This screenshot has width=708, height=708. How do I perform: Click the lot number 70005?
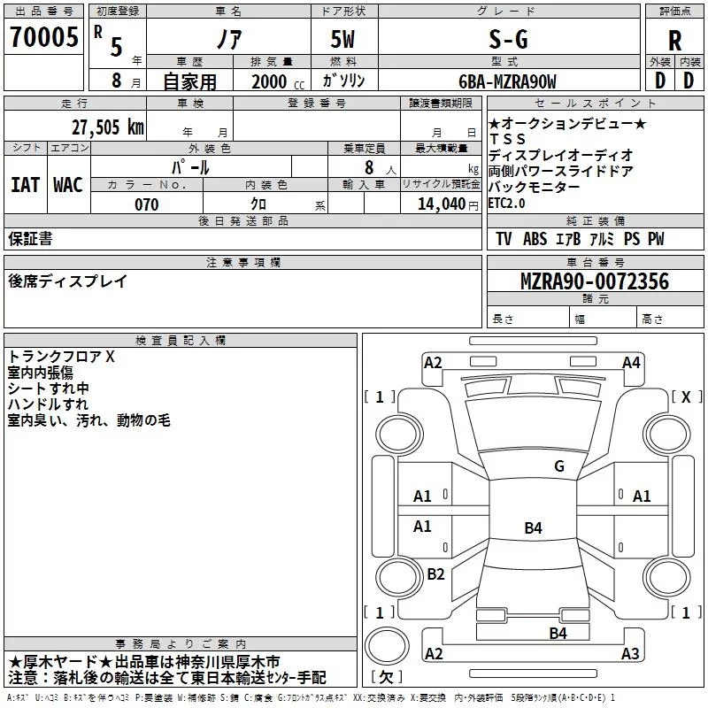43,37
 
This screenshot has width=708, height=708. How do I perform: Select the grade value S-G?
508,39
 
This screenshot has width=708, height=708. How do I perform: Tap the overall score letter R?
674,41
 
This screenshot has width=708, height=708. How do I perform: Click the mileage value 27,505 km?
108,127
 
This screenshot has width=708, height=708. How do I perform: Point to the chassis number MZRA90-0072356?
595,281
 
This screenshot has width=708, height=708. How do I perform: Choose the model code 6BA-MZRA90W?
507,81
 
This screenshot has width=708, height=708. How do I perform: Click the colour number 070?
147,204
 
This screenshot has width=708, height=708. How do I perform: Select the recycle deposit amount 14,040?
442,204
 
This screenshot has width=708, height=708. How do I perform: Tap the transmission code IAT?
25,185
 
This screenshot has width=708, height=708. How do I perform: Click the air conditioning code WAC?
68,185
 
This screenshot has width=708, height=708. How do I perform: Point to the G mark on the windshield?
559,466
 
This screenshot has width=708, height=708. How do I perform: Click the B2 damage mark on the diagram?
435,573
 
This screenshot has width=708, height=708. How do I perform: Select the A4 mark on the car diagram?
631,363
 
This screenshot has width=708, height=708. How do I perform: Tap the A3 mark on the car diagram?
630,653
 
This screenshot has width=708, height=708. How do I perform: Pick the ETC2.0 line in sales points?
506,204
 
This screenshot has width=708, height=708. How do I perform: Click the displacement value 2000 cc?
278,82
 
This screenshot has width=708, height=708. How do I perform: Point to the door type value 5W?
342,39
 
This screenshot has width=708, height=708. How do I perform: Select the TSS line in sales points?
508,139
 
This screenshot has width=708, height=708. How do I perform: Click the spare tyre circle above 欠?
387,647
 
